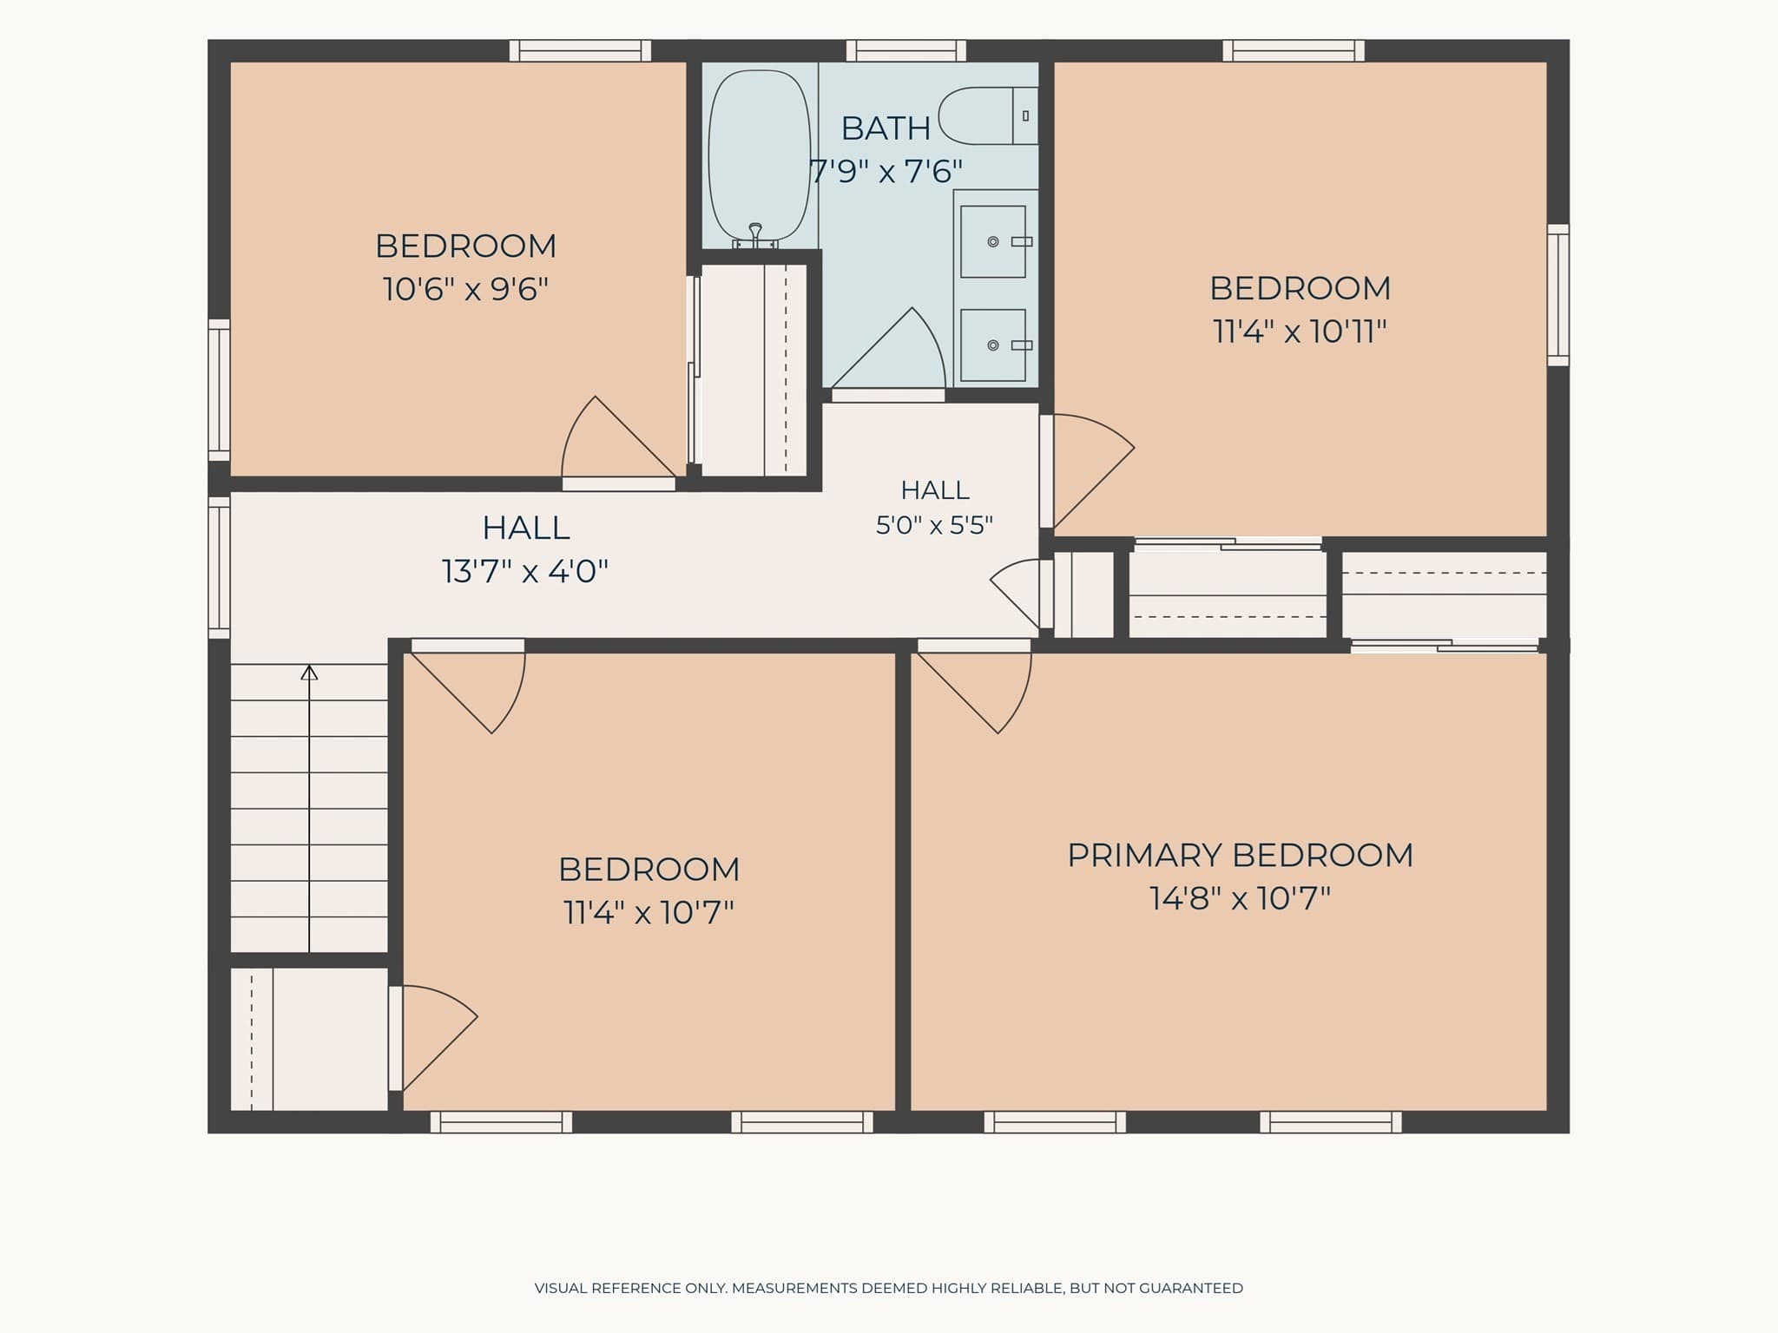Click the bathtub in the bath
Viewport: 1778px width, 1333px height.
(760, 156)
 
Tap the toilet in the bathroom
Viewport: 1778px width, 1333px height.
(988, 115)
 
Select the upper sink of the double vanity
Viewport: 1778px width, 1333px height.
(993, 241)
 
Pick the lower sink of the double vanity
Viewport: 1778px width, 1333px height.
(993, 345)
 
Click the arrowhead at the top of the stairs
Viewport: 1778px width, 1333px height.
(309, 672)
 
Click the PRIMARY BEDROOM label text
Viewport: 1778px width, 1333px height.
(1240, 855)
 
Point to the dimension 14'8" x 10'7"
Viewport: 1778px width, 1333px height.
(1240, 897)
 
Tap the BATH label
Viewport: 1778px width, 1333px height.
(886, 128)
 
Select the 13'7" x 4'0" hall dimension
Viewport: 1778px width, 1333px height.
(525, 571)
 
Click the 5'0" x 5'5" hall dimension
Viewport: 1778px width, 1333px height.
(934, 525)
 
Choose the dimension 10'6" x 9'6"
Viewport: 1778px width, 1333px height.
(465, 288)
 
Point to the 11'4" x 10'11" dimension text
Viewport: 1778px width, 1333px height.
(1300, 331)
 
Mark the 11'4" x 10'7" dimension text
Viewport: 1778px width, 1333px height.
(649, 912)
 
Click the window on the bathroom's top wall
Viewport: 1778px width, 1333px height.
(905, 50)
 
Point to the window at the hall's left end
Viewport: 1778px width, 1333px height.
(219, 568)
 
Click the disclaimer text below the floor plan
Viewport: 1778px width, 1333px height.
(889, 1288)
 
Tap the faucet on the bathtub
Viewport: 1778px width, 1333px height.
(755, 234)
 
